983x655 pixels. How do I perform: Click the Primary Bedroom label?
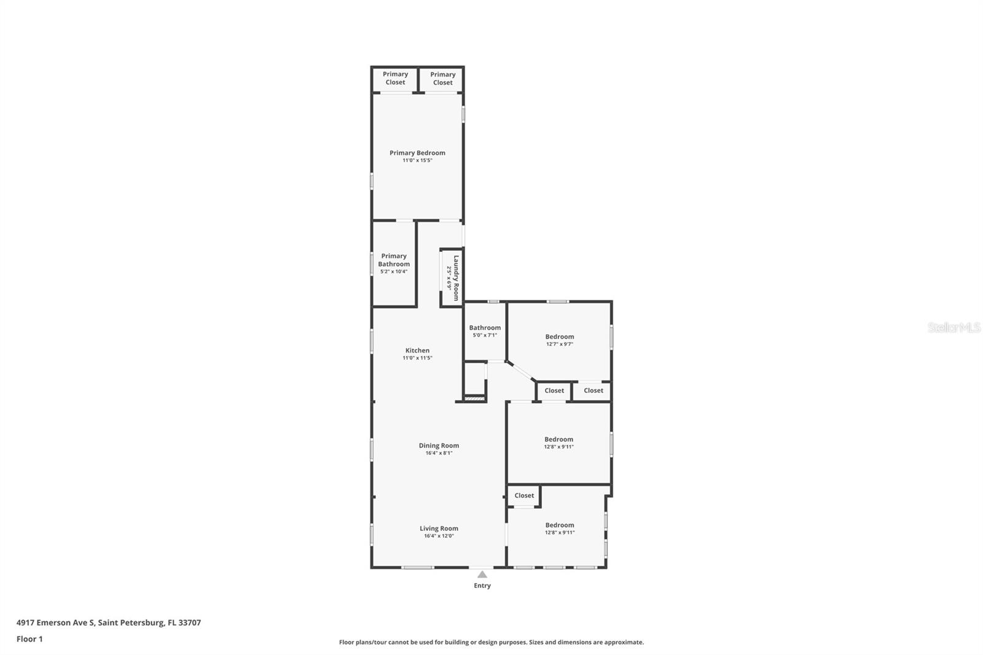point(417,153)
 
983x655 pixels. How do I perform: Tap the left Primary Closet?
point(395,78)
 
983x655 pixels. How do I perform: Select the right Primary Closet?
point(442,79)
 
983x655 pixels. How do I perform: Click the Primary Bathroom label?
point(394,260)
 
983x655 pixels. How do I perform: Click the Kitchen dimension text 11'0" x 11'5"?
point(417,358)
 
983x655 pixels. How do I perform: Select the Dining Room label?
point(439,445)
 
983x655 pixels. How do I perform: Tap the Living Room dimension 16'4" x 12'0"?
point(439,536)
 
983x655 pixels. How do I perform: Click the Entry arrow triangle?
point(482,575)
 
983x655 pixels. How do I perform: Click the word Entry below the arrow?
point(482,586)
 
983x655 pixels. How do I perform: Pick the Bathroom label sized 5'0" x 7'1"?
point(485,328)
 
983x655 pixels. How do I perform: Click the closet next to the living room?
point(524,495)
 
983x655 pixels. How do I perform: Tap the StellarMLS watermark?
point(954,327)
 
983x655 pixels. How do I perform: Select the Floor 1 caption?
point(29,639)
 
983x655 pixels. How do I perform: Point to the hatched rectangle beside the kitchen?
point(474,399)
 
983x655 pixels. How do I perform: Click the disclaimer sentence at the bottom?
point(491,642)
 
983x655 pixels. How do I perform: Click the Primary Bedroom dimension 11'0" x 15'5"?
point(417,160)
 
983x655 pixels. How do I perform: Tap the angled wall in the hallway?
point(521,371)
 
